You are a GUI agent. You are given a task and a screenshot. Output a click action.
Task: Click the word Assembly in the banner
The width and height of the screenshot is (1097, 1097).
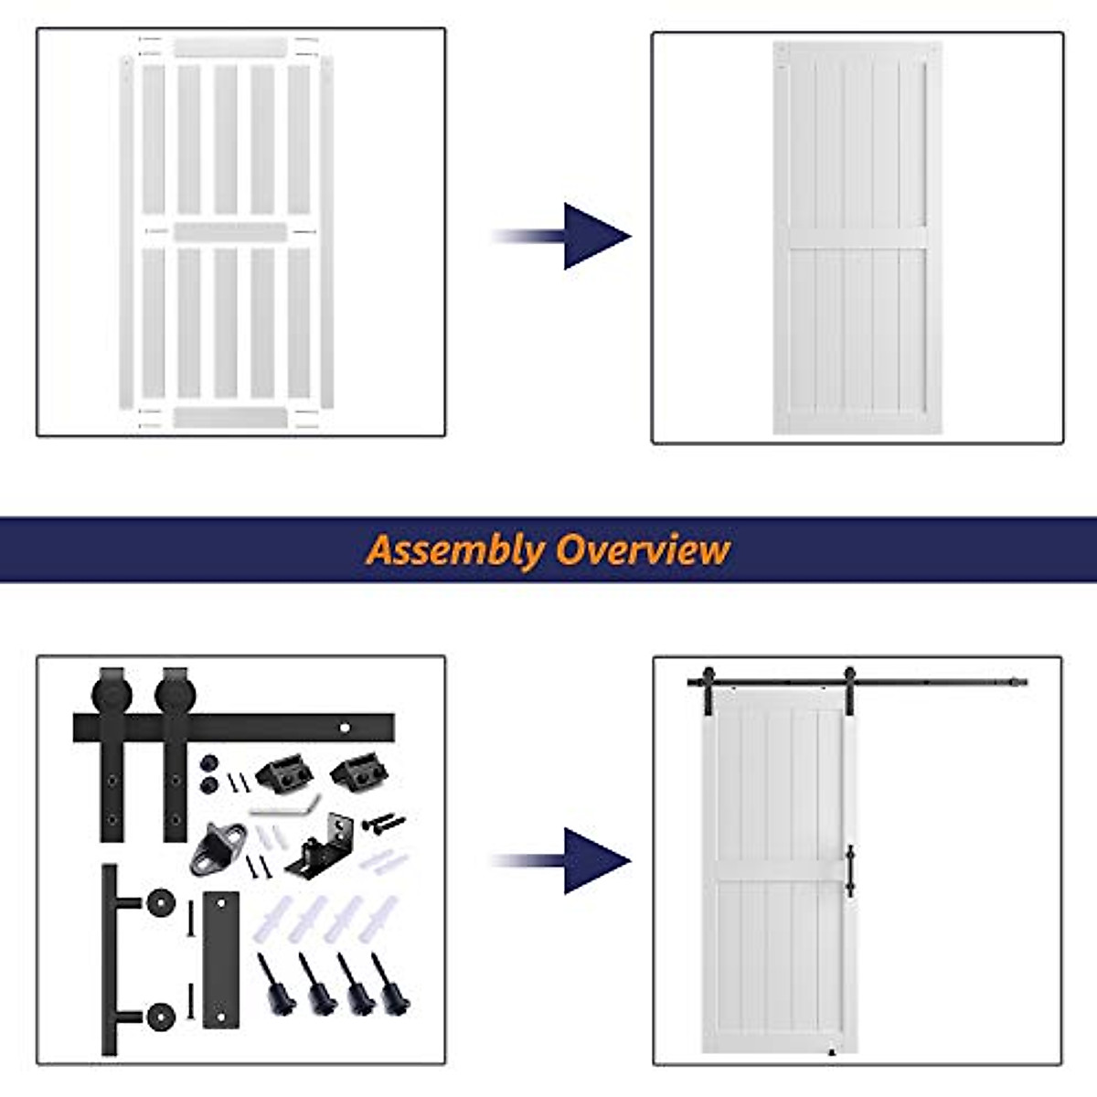click(x=454, y=550)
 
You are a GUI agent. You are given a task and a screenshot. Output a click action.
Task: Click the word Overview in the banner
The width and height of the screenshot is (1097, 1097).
click(x=644, y=549)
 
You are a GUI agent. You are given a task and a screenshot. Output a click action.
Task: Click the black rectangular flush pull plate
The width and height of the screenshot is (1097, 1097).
click(x=220, y=959)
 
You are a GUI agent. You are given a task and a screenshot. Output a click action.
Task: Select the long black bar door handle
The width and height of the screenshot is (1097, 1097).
click(x=110, y=960)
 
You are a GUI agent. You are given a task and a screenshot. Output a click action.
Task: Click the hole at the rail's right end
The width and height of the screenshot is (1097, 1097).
click(x=346, y=729)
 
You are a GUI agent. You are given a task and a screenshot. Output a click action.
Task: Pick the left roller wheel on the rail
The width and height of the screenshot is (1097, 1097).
click(x=112, y=694)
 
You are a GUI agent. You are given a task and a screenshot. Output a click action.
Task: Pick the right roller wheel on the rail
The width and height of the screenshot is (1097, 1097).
click(x=176, y=694)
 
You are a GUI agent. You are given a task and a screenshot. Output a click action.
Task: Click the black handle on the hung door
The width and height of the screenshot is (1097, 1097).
click(x=850, y=870)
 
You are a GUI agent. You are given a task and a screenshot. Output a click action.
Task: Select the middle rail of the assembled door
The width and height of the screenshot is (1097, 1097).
click(x=857, y=238)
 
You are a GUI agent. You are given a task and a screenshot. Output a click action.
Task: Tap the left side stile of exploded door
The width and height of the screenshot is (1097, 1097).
click(x=126, y=231)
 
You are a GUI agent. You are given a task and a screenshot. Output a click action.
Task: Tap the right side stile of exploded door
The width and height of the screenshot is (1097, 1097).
click(x=327, y=231)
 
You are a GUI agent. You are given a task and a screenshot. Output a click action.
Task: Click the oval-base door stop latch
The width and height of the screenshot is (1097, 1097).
click(x=218, y=846)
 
